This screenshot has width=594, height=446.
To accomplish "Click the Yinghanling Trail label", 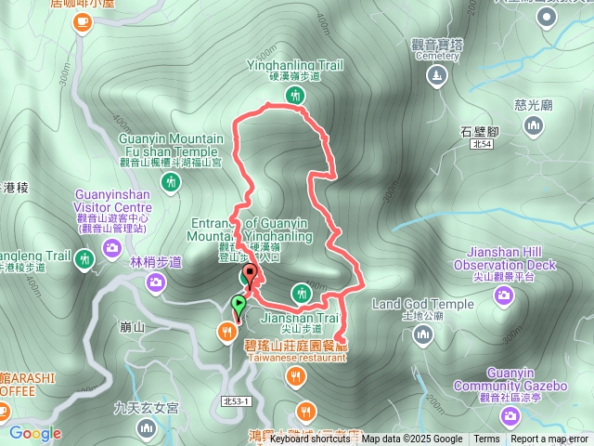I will pos(295,65).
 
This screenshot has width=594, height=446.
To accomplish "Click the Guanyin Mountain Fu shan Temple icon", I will pos(171,181).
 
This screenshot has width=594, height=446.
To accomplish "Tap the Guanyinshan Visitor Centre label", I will pos(112,201).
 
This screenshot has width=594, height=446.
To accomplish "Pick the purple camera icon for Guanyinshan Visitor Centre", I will pos(112,246).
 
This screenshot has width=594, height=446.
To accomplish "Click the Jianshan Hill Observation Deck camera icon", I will pos(504,295).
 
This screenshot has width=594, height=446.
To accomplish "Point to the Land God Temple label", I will pos(422,304).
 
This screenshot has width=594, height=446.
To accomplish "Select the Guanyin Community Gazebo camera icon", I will pos(510,414).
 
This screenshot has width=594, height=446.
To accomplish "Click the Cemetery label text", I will pos(438,56).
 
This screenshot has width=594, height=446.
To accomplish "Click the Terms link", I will pos(486,439).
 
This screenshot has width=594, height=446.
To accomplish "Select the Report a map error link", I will pos(549,439).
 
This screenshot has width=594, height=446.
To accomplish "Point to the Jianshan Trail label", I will pos(295,317).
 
